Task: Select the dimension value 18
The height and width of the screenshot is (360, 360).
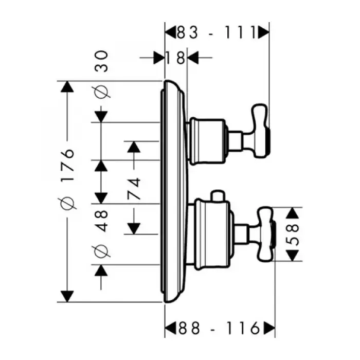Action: point(175,58)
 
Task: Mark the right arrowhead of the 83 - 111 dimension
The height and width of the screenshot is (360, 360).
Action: point(263,33)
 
